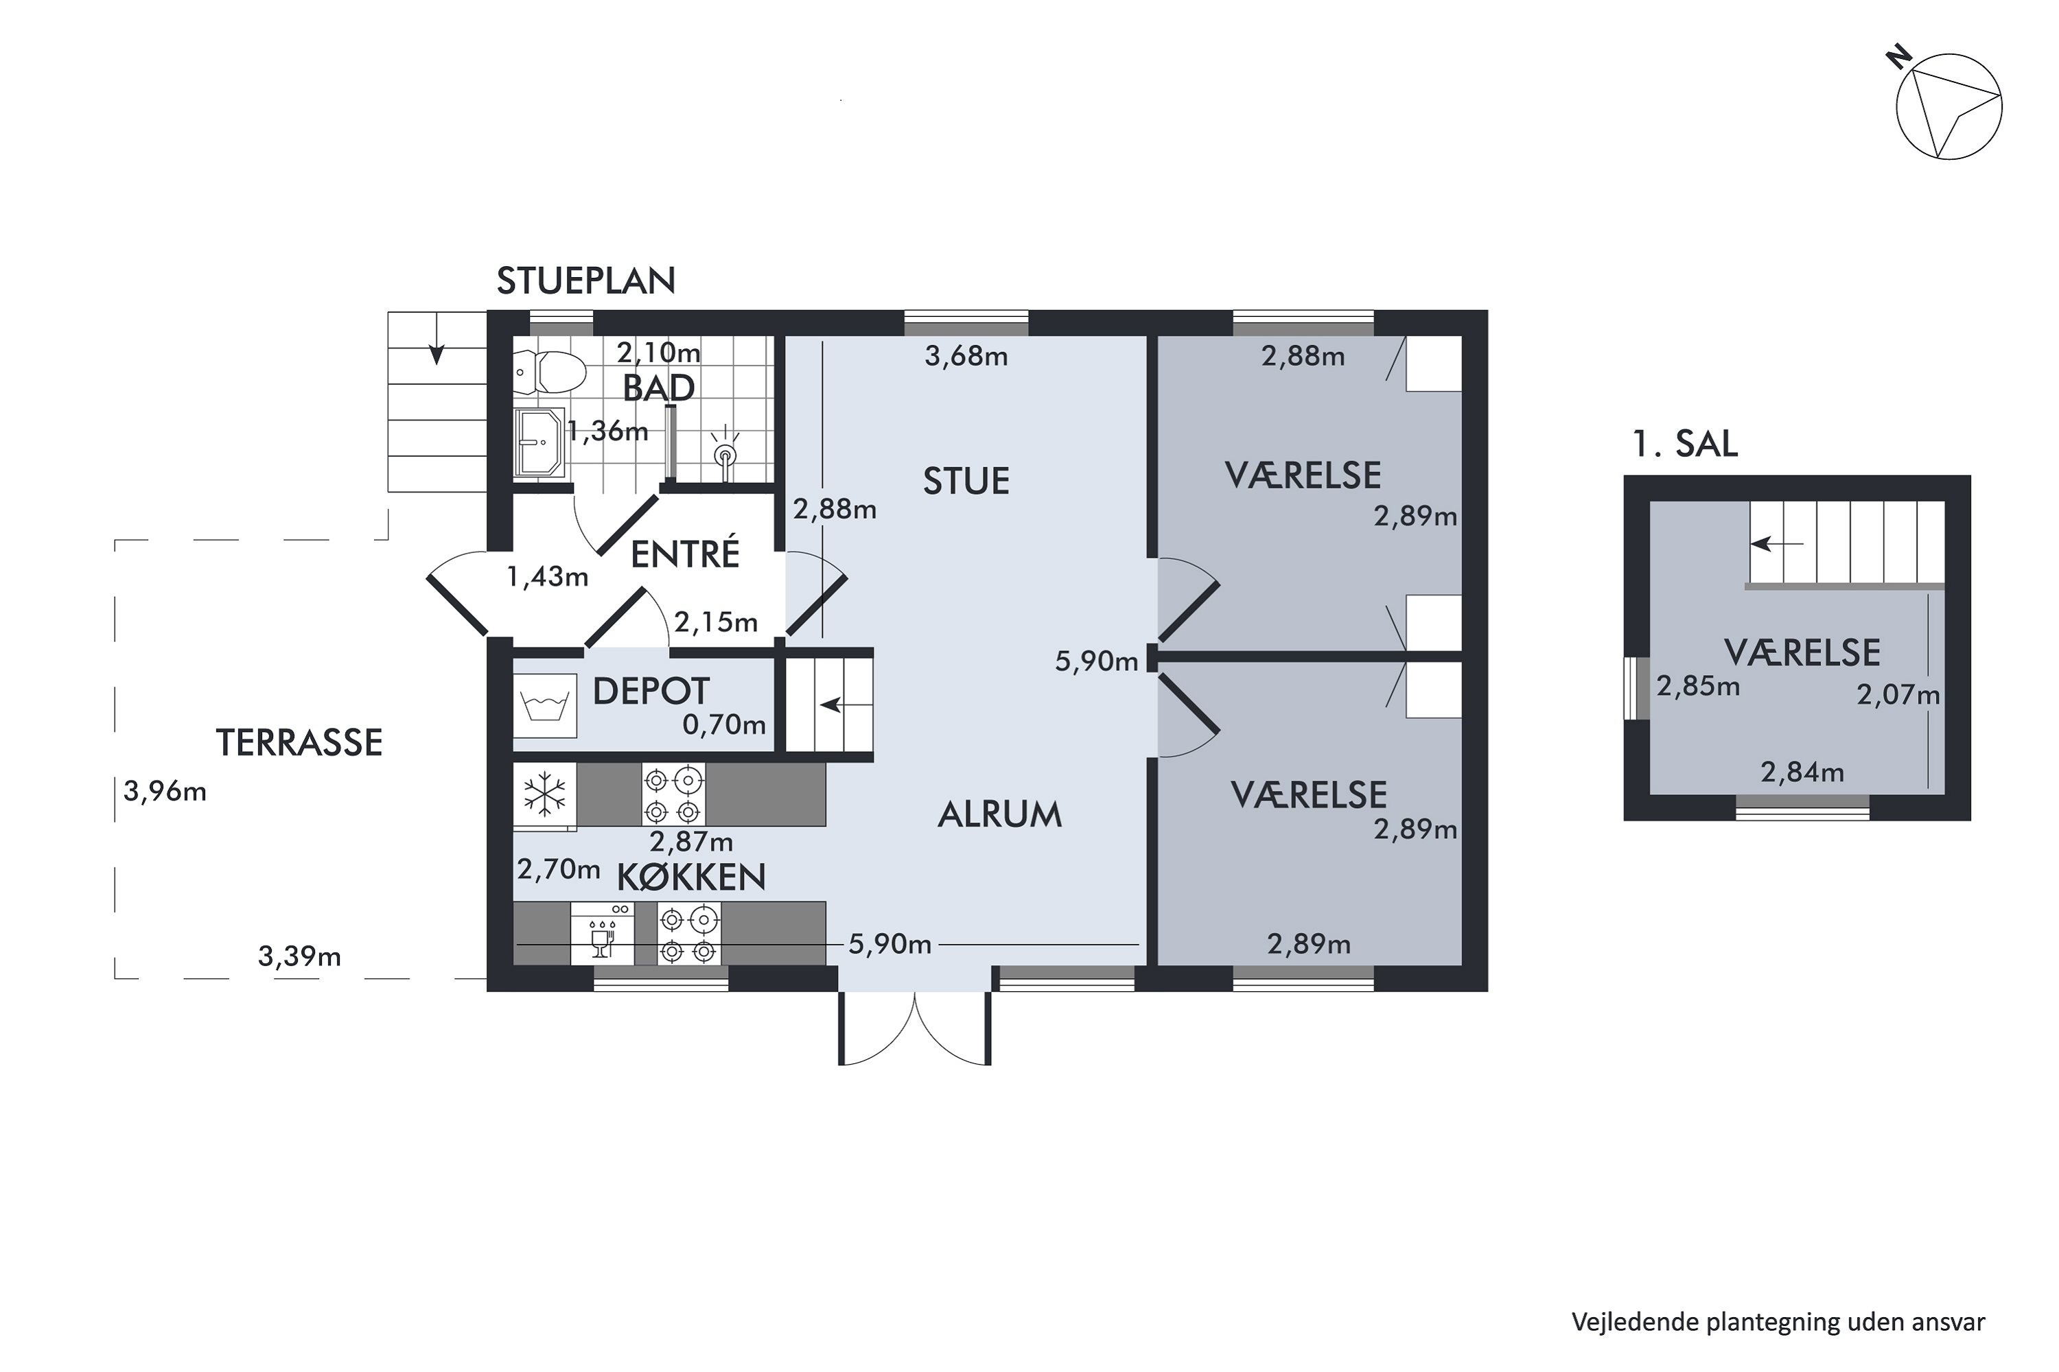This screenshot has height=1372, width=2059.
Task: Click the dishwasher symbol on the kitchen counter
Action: click(x=603, y=934)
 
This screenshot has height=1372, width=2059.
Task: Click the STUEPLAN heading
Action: click(x=585, y=281)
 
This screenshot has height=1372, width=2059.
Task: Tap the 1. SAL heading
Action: click(x=1685, y=444)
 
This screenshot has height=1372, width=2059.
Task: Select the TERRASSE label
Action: click(x=299, y=743)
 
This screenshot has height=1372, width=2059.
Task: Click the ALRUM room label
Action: click(x=1000, y=815)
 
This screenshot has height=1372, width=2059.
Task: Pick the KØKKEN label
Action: click(x=692, y=877)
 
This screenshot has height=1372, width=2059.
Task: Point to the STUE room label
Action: click(x=966, y=482)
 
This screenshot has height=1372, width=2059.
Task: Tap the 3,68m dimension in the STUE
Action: click(x=966, y=356)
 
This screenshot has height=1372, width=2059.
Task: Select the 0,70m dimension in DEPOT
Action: click(x=724, y=724)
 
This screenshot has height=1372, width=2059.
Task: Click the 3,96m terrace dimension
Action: click(x=165, y=792)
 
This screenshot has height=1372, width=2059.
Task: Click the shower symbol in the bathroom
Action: click(x=725, y=451)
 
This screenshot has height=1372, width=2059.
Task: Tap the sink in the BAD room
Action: click(x=539, y=442)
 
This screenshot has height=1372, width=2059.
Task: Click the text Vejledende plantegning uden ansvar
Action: click(x=1779, y=1322)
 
